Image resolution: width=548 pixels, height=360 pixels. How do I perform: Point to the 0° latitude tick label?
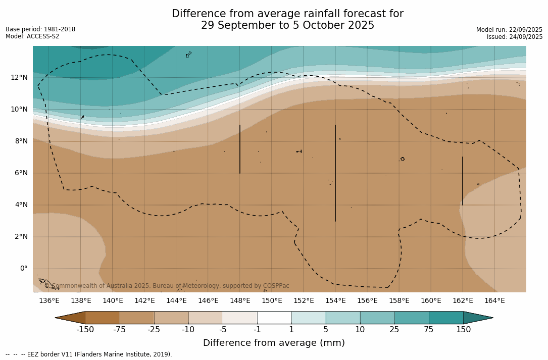click(x=24, y=269)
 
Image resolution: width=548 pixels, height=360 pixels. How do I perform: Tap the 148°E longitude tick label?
click(x=240, y=300)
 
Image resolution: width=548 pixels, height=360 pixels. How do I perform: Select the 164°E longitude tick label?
click(x=494, y=300)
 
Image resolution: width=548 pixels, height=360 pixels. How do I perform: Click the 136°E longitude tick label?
click(x=49, y=300)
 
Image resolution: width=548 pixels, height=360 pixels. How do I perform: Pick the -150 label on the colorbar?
click(x=85, y=330)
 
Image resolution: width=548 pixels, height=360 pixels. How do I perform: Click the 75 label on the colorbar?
click(x=429, y=330)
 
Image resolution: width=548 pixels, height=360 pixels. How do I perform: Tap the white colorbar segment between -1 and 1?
click(x=274, y=318)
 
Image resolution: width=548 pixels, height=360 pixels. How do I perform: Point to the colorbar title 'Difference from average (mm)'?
click(x=274, y=343)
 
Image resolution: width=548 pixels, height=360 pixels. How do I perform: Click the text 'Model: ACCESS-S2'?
click(x=32, y=36)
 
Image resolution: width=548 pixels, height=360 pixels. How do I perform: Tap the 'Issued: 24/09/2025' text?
click(x=515, y=37)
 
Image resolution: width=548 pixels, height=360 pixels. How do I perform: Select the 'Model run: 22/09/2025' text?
click(x=509, y=30)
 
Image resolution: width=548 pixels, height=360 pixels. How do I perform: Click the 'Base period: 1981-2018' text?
click(x=40, y=29)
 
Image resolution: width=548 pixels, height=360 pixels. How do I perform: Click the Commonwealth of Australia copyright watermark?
click(x=167, y=286)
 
